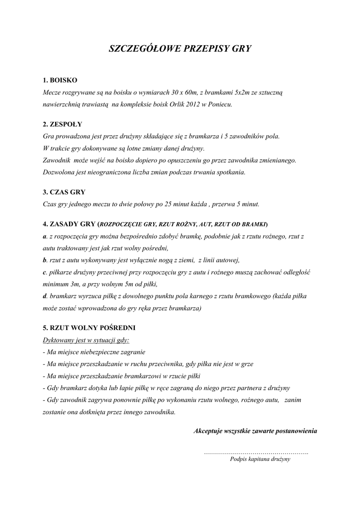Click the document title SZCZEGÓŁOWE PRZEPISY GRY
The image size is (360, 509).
(x=180, y=49)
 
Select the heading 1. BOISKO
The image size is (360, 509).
(x=60, y=80)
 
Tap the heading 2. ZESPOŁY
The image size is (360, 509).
(x=63, y=124)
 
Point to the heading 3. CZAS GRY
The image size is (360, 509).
(x=65, y=191)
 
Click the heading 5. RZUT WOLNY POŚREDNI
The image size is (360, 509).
(x=89, y=328)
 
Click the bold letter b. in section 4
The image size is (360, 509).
(x=45, y=260)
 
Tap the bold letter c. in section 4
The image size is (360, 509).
(x=45, y=272)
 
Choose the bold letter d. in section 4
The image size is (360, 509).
(x=45, y=296)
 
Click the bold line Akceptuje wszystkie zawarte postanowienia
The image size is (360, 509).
(x=255, y=430)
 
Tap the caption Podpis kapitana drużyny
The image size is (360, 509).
(x=260, y=459)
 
